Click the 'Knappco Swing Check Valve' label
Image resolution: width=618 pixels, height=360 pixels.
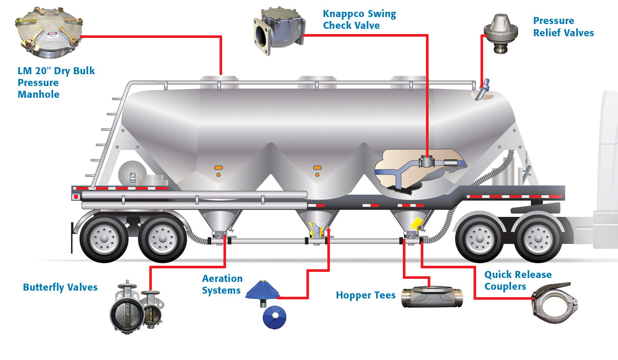[x=359, y=20]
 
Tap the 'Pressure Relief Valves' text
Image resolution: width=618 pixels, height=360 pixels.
[x=563, y=27]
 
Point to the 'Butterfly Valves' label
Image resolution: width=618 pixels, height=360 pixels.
[x=60, y=287]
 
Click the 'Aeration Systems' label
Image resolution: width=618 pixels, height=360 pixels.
[x=222, y=284]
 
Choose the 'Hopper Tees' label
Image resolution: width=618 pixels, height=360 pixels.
[x=366, y=295]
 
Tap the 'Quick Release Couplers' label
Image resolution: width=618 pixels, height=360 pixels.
[x=518, y=280]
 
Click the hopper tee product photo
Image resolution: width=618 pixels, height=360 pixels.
[x=431, y=298]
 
